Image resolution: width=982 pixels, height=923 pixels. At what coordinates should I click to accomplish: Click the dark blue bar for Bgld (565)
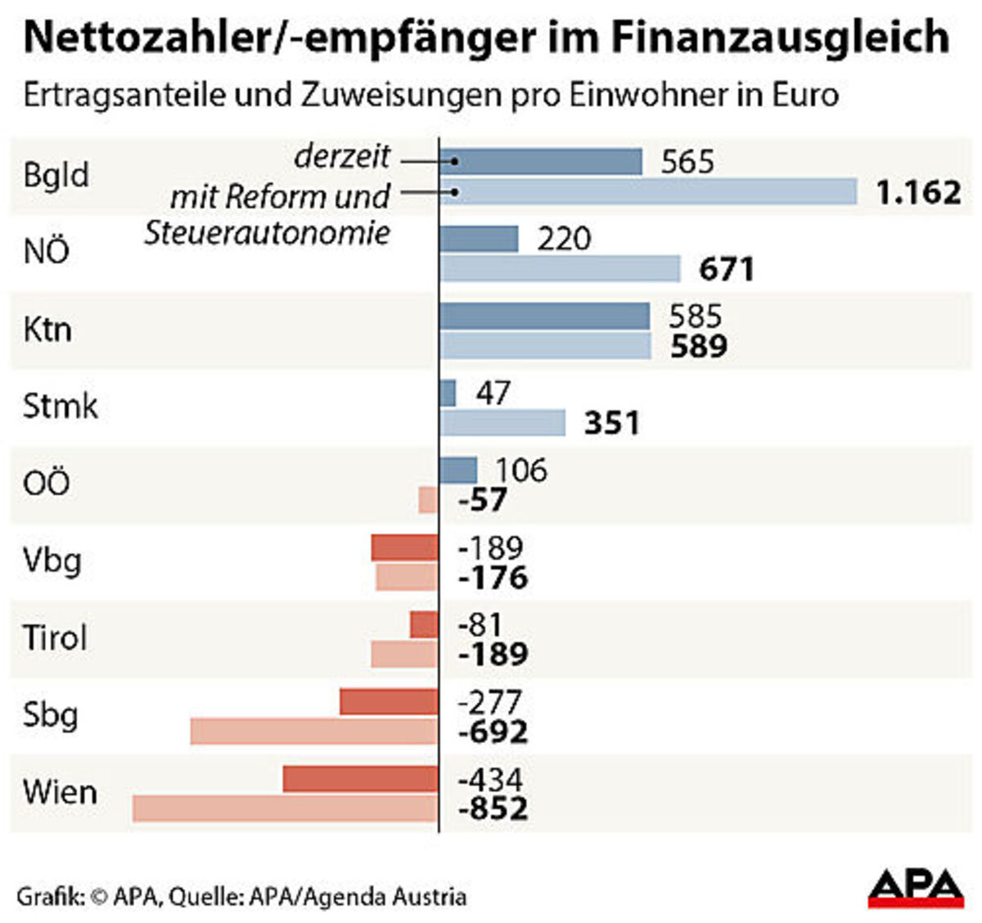click(x=540, y=162)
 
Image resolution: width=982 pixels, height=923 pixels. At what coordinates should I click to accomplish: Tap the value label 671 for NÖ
click(x=726, y=269)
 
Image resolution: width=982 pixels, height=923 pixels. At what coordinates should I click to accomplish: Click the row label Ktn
click(x=47, y=330)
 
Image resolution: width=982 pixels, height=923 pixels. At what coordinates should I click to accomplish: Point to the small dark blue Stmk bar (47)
click(x=448, y=394)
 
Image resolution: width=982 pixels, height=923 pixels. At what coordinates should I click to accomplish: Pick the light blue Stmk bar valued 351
click(x=502, y=423)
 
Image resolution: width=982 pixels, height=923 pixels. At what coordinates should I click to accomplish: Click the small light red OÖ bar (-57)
click(x=428, y=500)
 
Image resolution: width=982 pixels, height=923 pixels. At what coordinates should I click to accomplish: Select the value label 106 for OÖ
click(x=520, y=471)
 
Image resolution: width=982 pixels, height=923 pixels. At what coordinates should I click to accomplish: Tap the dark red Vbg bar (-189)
click(x=404, y=547)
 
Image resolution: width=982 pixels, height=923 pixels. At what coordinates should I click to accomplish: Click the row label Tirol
click(x=54, y=637)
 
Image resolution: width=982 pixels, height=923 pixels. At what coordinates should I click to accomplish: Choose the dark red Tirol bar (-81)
click(x=424, y=625)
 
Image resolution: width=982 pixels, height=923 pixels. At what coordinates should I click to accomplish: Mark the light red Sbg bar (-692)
click(x=314, y=732)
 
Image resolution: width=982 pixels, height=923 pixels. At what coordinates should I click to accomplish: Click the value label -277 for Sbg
click(x=489, y=702)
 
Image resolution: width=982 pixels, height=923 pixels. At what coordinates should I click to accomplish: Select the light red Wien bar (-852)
click(x=285, y=808)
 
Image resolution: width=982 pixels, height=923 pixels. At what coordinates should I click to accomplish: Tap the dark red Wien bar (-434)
click(x=360, y=779)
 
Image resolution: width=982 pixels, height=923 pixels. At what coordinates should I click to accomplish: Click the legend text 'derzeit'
click(x=342, y=156)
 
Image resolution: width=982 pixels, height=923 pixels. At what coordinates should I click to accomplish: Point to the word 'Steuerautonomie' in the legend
click(x=268, y=233)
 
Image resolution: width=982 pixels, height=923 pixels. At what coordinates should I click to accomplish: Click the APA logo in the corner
click(x=916, y=888)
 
